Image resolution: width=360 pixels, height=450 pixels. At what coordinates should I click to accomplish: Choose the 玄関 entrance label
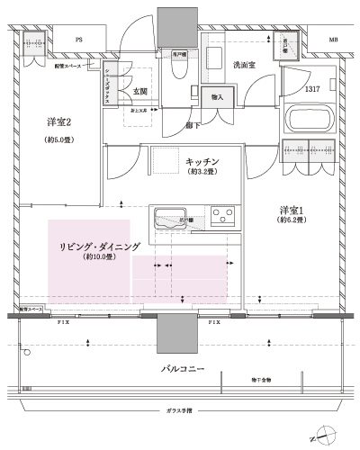[x=140, y=91]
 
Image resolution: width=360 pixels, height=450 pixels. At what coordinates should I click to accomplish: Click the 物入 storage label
[x=217, y=97]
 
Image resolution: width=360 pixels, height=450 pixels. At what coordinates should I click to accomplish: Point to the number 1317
[x=312, y=89]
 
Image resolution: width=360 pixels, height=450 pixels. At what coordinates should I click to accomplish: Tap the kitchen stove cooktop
[x=222, y=217]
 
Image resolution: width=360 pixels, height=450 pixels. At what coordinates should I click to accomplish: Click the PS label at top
[x=79, y=40]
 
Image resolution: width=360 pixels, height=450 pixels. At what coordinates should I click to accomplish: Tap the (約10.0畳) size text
[x=98, y=257]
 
